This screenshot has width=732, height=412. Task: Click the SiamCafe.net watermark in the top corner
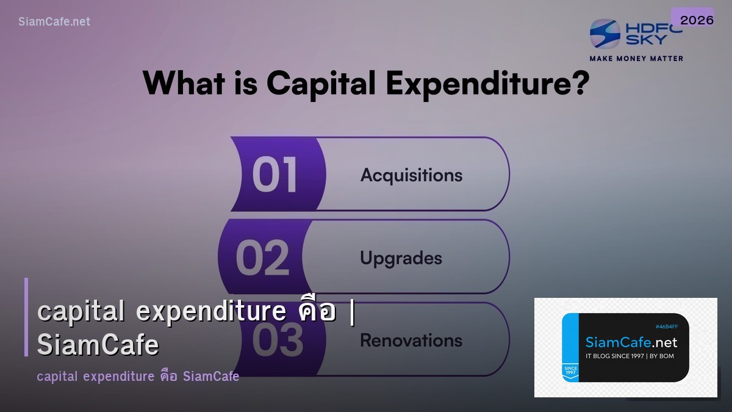[54, 21]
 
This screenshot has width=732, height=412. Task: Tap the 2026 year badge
[697, 20]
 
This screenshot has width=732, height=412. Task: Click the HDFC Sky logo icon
[605, 34]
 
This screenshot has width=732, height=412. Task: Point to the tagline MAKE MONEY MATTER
[636, 59]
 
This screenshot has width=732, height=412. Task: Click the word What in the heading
[184, 83]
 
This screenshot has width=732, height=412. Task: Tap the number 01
[274, 175]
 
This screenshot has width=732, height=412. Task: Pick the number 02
[262, 257]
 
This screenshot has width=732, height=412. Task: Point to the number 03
[278, 340]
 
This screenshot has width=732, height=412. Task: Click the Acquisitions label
[411, 175]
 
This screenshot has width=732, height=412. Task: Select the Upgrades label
[401, 258]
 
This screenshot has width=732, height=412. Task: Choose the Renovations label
[411, 340]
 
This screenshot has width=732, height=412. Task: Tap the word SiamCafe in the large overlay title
[98, 345]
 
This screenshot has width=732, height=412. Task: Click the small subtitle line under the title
[138, 376]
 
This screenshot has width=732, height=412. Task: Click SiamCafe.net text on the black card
[631, 342]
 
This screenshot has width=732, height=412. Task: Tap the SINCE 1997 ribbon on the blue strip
[570, 371]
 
